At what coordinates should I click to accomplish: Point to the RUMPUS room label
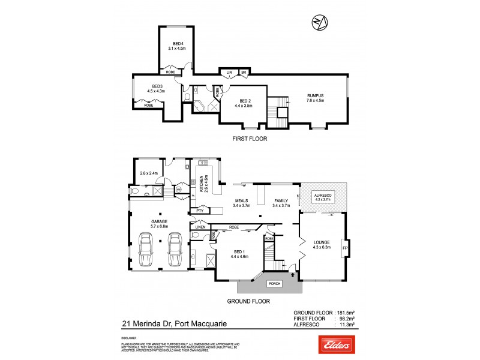[315, 97]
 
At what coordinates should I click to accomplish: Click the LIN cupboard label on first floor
[229, 72]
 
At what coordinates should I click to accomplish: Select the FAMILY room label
[281, 203]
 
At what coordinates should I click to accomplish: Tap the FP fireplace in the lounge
[344, 247]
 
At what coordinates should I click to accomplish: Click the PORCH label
[274, 284]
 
